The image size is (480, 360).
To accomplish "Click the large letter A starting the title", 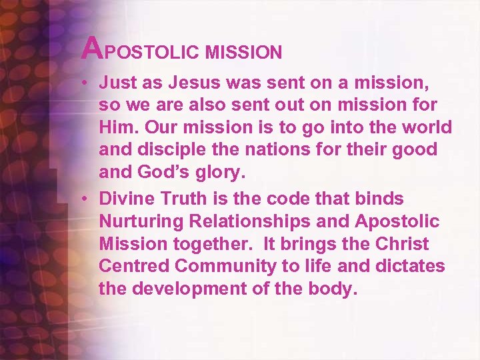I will pos(93,47).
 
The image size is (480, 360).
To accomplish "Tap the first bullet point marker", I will pos(87,83).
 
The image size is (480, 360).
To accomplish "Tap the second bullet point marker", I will pos(87,199).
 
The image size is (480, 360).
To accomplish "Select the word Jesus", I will pos(189,83).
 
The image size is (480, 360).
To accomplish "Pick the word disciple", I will pos(167,149).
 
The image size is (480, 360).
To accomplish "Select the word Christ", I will pos(403,244).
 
